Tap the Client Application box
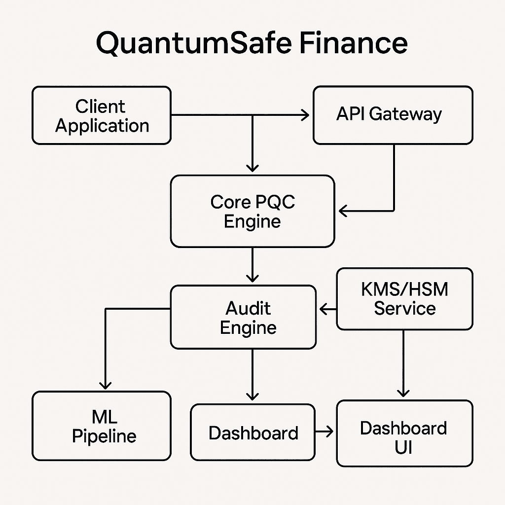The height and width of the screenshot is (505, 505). pyautogui.click(x=102, y=115)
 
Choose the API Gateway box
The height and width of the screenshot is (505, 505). pyautogui.click(x=393, y=115)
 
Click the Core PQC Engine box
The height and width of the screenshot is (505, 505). pyautogui.click(x=252, y=211)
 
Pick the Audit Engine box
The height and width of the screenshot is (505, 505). pyautogui.click(x=243, y=317)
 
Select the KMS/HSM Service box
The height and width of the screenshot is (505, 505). pyautogui.click(x=404, y=299)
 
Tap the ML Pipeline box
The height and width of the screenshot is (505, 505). pyautogui.click(x=102, y=426)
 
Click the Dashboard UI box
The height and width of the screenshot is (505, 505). pyautogui.click(x=404, y=433)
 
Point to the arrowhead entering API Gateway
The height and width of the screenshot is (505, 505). pyautogui.click(x=305, y=115)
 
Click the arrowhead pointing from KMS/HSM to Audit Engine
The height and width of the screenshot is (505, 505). pyautogui.click(x=325, y=310)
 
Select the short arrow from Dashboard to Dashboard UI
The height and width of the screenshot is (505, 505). pyautogui.click(x=324, y=433)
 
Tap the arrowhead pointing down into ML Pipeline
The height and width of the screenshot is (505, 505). pyautogui.click(x=105, y=384)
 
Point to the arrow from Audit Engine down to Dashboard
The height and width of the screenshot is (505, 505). pyautogui.click(x=252, y=375)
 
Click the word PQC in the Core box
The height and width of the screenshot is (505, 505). pyautogui.click(x=275, y=202)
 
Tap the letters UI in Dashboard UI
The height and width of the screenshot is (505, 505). pyautogui.click(x=403, y=448)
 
